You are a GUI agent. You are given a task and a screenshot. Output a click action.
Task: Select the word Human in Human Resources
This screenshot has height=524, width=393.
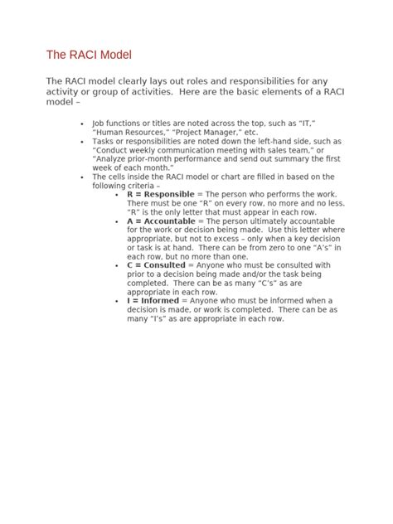coord(112,132)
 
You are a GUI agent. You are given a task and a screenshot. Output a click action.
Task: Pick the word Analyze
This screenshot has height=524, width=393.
coord(113,158)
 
